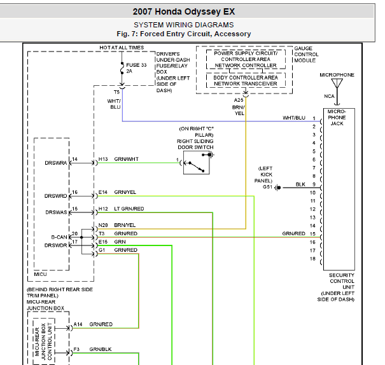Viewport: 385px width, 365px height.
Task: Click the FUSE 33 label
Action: [x=136, y=65]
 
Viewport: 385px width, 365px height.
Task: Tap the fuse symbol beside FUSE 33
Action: [x=122, y=68]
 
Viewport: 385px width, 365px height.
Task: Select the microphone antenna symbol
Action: [x=337, y=83]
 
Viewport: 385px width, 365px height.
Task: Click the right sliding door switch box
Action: [x=197, y=163]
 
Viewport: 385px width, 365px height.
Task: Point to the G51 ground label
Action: [x=267, y=187]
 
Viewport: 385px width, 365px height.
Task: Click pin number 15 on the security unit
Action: [x=312, y=234]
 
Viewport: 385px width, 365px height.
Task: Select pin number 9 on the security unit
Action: [x=314, y=184]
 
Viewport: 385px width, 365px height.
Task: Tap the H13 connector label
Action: [x=103, y=159]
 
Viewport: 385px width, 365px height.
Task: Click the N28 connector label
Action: [x=103, y=225]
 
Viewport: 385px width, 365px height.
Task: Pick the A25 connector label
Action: [x=239, y=100]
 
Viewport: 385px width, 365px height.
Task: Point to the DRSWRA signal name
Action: [x=56, y=163]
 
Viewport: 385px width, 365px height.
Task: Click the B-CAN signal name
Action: [x=59, y=237]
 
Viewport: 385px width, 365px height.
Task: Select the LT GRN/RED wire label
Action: [x=129, y=209]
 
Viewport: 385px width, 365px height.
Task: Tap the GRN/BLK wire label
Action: [x=101, y=349]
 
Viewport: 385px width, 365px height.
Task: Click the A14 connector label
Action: [x=78, y=324]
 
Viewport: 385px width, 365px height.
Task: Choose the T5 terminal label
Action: [x=116, y=92]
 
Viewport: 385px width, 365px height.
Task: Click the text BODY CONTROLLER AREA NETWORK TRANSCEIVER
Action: [x=246, y=81]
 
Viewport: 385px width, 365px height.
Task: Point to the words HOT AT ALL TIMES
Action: [x=122, y=48]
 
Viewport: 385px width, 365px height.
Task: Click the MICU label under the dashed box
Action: [x=40, y=274]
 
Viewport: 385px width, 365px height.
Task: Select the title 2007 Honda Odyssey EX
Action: [x=184, y=11]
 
